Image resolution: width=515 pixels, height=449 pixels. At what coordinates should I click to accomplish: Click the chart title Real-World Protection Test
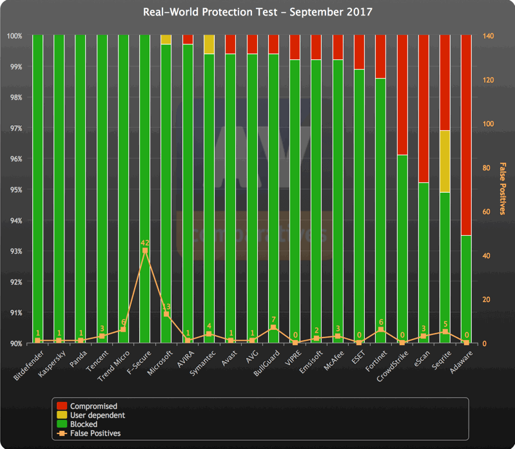click(257, 12)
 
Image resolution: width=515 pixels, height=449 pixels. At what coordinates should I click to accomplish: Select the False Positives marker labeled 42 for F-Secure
click(145, 251)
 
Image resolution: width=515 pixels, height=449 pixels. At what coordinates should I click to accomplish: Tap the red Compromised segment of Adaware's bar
click(467, 135)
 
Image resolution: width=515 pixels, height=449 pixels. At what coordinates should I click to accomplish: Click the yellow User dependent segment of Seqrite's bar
click(445, 161)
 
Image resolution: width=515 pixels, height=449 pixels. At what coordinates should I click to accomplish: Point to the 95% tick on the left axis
click(15, 190)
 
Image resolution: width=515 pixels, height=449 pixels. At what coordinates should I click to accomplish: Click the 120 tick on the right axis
click(489, 80)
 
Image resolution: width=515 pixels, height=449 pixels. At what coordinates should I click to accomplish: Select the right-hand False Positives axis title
click(503, 188)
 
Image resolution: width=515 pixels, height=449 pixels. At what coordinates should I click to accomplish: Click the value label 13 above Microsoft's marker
click(166, 307)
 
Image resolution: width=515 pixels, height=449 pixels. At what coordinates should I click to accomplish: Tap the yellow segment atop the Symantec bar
click(209, 44)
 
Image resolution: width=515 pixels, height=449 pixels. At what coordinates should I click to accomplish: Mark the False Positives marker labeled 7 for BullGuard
click(273, 327)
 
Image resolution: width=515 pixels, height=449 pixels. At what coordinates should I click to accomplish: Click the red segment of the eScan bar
click(423, 109)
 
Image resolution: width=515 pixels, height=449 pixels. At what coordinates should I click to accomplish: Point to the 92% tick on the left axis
click(15, 282)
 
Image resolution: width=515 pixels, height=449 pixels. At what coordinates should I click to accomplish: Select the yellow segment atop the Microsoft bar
click(166, 40)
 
